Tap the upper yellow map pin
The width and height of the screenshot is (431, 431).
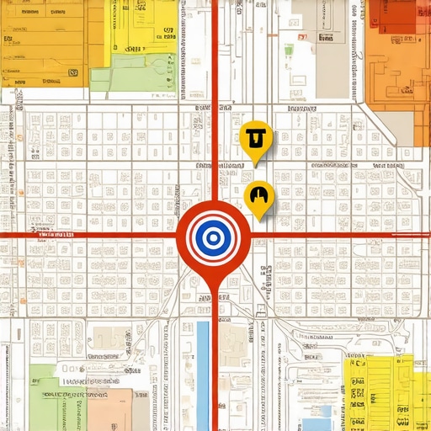click(256, 137)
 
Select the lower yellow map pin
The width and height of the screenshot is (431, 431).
click(259, 197)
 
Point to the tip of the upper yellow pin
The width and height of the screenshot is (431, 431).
click(256, 162)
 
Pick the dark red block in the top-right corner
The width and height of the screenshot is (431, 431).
click(394, 15)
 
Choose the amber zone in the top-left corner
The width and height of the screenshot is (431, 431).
click(42, 42)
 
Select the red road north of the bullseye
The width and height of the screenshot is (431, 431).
click(215, 101)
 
